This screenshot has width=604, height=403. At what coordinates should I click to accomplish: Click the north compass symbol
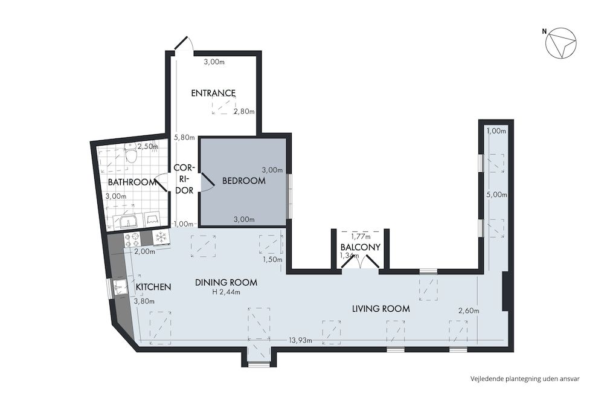[561, 45]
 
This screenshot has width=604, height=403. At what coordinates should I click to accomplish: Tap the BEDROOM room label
[243, 181]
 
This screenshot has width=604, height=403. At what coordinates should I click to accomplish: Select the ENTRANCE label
[213, 93]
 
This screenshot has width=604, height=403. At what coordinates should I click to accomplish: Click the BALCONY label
[360, 247]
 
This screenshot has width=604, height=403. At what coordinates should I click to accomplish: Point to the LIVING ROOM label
[381, 309]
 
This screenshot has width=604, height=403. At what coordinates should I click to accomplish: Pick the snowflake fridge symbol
[161, 237]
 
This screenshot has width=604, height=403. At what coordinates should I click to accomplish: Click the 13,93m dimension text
[300, 341]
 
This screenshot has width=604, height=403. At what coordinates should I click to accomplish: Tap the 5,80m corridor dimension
[184, 137]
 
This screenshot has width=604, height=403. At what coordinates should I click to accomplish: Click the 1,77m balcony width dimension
[361, 236]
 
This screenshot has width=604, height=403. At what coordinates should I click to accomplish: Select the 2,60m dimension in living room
[468, 311]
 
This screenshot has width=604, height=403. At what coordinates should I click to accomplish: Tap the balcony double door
[360, 263]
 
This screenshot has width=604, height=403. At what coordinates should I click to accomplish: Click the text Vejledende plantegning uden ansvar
[525, 379]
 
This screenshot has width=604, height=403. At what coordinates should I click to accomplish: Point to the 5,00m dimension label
[496, 195]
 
